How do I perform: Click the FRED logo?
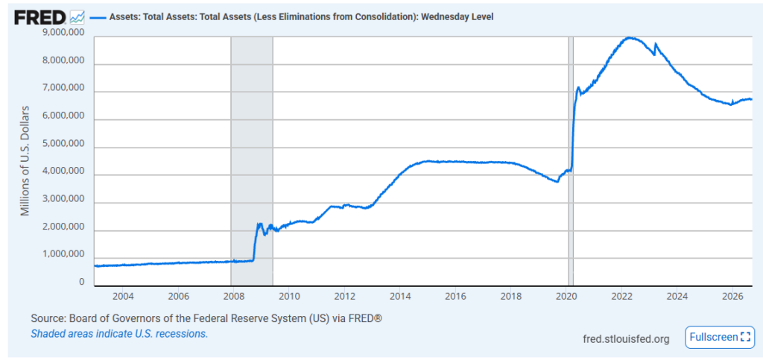coord(39,17)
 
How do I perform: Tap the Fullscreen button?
coord(719,337)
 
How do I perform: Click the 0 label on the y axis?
coord(81,282)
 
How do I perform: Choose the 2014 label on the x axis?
coord(400,297)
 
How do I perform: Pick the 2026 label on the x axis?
coord(733,297)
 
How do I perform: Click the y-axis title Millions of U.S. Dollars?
coord(25,160)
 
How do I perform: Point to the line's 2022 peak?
coord(629,37)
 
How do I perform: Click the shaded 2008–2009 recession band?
coord(252,161)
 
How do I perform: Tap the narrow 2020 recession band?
coord(571,161)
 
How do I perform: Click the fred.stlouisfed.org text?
coord(626,338)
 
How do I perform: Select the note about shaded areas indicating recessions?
coord(119,334)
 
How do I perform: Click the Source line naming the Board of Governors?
coord(206,319)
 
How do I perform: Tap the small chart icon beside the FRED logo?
coord(77,17)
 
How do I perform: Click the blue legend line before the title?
coord(98,17)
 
